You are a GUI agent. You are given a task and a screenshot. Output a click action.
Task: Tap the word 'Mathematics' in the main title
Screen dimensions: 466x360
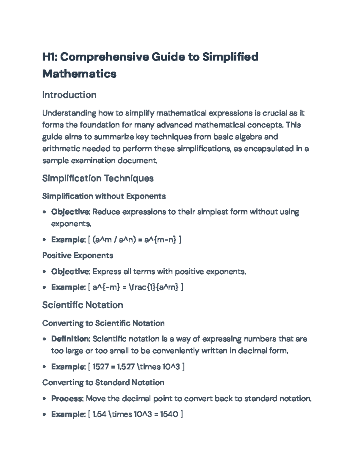(x=79, y=74)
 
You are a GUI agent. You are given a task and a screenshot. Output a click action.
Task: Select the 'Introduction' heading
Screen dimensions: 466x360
(x=69, y=95)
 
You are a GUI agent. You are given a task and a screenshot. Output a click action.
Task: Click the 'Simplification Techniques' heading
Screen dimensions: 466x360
(x=98, y=178)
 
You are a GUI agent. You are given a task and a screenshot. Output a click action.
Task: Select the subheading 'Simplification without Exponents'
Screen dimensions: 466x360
(x=104, y=196)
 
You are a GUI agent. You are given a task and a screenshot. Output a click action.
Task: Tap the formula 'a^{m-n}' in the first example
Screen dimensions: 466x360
(x=160, y=240)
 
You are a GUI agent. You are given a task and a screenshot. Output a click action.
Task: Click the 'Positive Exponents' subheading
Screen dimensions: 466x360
(x=78, y=255)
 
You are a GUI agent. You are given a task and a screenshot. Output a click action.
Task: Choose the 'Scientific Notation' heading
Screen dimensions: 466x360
(x=82, y=305)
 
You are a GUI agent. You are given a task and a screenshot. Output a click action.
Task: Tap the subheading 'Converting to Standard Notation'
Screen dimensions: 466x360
(x=103, y=383)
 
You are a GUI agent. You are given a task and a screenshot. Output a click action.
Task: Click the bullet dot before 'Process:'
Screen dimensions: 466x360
(x=44, y=399)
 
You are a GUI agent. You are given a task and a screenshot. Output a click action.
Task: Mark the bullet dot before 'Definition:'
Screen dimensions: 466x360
(x=44, y=339)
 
